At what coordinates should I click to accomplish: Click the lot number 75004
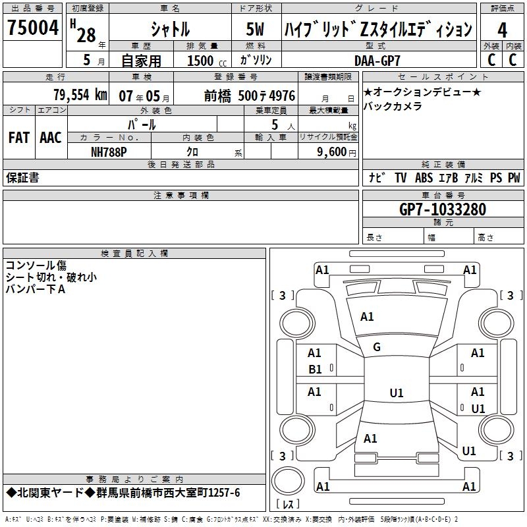coord(33,28)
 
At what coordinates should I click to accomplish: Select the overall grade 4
coord(502,30)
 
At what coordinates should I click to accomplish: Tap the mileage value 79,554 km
coord(80,95)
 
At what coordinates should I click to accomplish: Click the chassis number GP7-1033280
coord(443,209)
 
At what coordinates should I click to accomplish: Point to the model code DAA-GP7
coord(377,61)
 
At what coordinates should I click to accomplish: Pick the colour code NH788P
coord(109,152)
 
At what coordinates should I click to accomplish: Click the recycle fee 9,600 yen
coord(337,152)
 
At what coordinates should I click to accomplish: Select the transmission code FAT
coord(19,138)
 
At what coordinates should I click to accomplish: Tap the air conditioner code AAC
coord(51,138)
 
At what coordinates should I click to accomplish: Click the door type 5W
coord(255,29)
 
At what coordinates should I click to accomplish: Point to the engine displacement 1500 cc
coord(207,61)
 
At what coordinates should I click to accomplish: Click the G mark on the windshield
coord(377,347)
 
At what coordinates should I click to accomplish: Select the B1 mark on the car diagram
coord(315,370)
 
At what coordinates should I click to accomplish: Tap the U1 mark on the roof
coord(397,393)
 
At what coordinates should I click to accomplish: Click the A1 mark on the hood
coord(367,317)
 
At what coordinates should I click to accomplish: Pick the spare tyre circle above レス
coord(288,480)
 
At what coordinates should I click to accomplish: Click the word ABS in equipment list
coord(424,177)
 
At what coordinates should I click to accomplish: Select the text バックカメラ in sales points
coord(392,106)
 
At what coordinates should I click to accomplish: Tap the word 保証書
coord(22,177)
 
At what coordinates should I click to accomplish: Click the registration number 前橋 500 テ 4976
coord(250,96)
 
